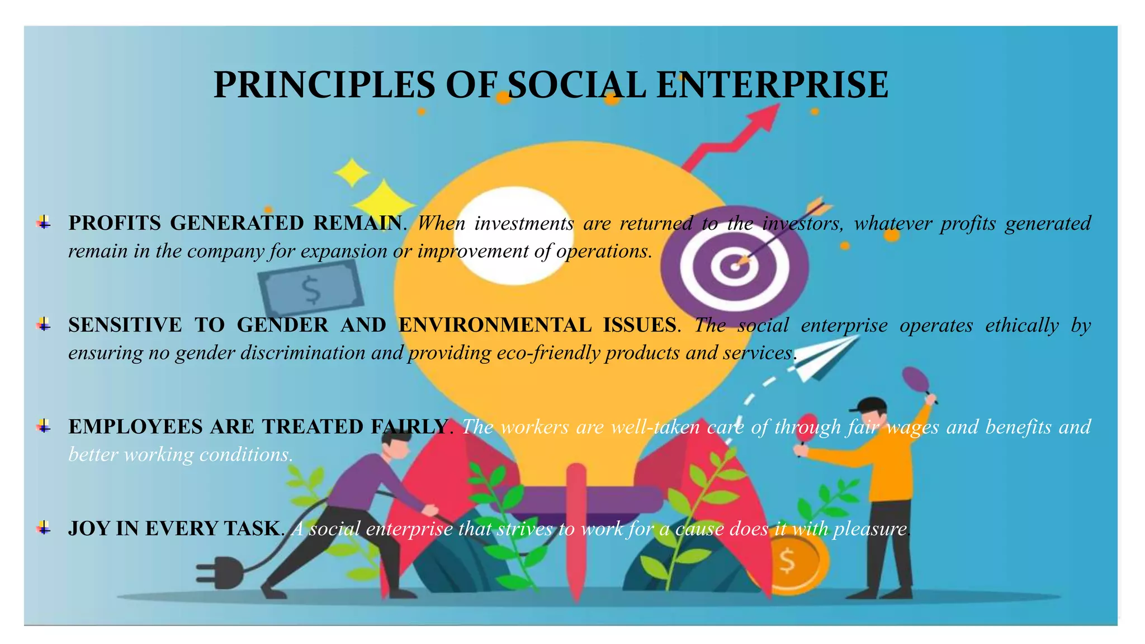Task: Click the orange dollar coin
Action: (789, 562)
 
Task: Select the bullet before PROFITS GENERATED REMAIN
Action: (44, 223)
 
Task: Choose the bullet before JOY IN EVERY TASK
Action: (44, 528)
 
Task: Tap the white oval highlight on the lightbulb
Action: (510, 235)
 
